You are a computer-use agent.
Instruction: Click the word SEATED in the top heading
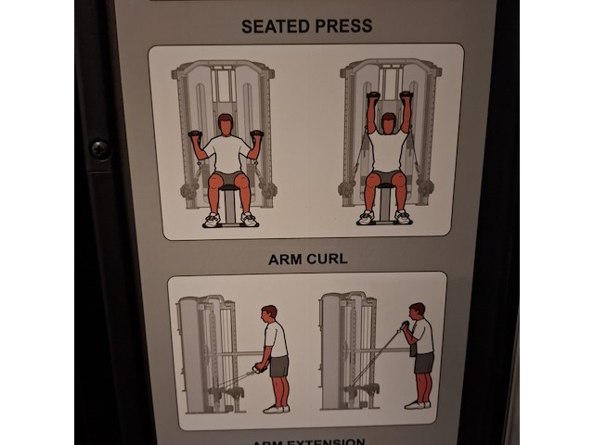pyautogui.click(x=272, y=26)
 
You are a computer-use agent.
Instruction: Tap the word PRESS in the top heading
pyautogui.click(x=341, y=26)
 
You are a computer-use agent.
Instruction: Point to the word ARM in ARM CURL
pyautogui.click(x=285, y=259)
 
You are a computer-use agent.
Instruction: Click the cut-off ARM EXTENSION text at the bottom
pyautogui.click(x=308, y=441)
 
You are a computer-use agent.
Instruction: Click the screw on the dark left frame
pyautogui.click(x=98, y=148)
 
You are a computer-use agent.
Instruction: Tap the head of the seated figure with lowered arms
pyautogui.click(x=225, y=123)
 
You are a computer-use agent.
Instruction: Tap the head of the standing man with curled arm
pyautogui.click(x=418, y=311)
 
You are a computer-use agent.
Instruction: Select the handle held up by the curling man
pyautogui.click(x=402, y=326)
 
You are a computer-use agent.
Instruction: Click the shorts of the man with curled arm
pyautogui.click(x=423, y=362)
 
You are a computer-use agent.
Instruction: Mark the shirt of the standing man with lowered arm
pyautogui.click(x=276, y=339)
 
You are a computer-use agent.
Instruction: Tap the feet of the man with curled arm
pyautogui.click(x=419, y=403)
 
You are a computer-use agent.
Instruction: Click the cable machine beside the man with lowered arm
pyautogui.click(x=209, y=352)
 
